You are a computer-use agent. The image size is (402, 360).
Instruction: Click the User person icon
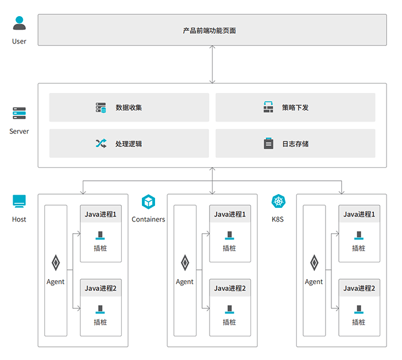click(19, 23)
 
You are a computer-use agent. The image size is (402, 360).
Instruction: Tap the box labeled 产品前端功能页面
click(212, 30)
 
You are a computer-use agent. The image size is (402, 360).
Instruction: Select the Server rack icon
click(19, 113)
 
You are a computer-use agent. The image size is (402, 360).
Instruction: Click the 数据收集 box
click(129, 107)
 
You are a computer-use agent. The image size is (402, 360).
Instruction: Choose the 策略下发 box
click(295, 107)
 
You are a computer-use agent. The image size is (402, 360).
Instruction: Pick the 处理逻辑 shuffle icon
click(101, 144)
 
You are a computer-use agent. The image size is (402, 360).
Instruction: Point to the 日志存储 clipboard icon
click(268, 144)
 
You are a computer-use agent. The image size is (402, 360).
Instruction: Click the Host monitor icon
click(19, 202)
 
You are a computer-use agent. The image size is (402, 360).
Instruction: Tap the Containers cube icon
click(148, 202)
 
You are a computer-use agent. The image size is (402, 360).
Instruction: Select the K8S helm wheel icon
click(279, 202)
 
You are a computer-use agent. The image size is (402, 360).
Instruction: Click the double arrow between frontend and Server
click(212, 64)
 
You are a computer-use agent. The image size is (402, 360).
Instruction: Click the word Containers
click(148, 219)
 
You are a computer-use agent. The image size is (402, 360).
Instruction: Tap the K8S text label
click(277, 219)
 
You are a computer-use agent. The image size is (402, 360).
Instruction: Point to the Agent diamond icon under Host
click(56, 263)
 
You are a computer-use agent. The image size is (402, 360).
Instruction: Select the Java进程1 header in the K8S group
click(359, 214)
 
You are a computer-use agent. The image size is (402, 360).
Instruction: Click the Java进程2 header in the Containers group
click(230, 288)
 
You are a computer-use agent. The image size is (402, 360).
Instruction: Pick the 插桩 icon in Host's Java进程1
click(100, 235)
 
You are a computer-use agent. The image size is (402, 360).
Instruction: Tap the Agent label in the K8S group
click(314, 282)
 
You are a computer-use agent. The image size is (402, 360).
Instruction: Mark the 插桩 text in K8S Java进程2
click(359, 322)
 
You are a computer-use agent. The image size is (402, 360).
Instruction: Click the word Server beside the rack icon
click(19, 131)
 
